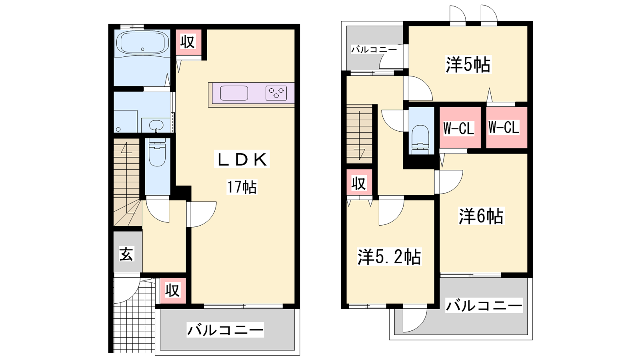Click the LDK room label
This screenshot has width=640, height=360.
coord(242,160)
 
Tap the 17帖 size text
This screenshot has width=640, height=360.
coord(242,187)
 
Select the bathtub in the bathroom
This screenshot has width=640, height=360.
coord(142,42)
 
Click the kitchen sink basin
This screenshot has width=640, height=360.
coord(234,93)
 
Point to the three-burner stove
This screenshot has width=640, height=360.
coord(276,93)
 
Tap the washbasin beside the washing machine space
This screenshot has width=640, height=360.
coord(156,125)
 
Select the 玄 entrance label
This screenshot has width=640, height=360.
coord(126,254)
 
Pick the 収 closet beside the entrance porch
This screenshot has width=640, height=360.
coord(172,290)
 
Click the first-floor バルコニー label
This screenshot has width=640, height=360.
coord(226,330)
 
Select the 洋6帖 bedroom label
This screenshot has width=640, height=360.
coord(481,216)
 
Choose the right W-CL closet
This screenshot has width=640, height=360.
coord(506,128)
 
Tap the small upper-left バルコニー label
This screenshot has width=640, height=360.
coord(374,50)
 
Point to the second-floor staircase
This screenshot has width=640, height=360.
coord(360,134)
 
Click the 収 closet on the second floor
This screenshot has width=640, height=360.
coord(359,184)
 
